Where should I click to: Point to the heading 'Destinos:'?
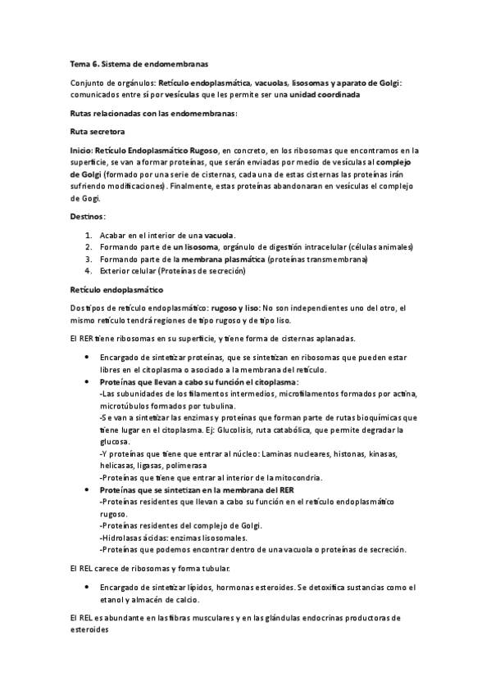click(88, 216)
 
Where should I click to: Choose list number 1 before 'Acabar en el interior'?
click(89, 235)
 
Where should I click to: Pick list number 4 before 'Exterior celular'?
click(89, 271)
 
